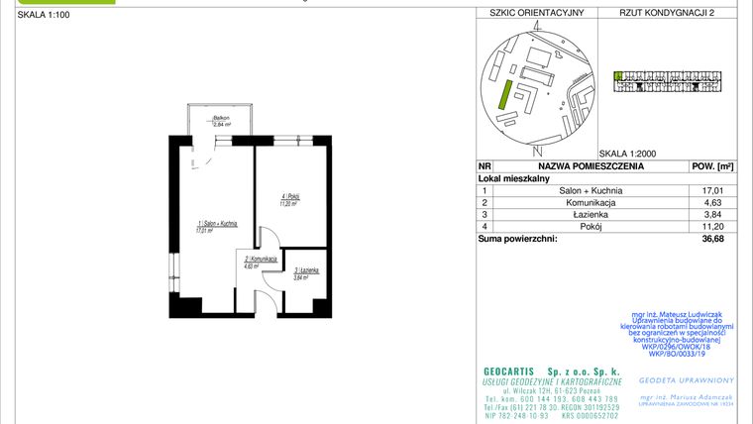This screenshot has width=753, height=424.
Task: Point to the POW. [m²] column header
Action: (x=711, y=167)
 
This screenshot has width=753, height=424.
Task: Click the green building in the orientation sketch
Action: (x=503, y=96)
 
